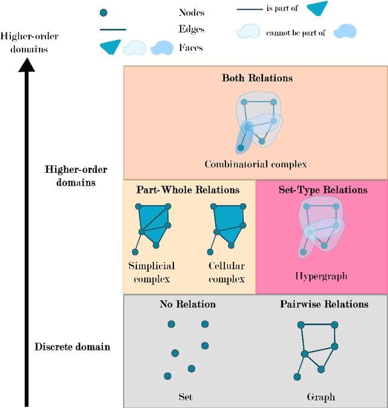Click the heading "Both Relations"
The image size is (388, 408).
click(257, 78)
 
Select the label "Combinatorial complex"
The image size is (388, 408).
click(256, 164)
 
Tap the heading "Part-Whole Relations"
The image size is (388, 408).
click(188, 190)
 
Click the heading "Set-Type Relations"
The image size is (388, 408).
click(323, 190)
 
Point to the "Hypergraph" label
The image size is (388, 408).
click(321, 276)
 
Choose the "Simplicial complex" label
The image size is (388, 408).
click(152, 272)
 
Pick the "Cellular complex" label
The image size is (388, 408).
click(226, 272)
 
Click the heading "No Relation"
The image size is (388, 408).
click(187, 304)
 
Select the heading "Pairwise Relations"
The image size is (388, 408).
click(324, 304)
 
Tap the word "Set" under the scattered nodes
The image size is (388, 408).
click(186, 397)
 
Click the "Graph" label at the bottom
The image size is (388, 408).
click(321, 397)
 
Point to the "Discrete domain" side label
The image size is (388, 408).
click(72, 347)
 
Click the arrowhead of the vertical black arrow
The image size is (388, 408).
click(26, 61)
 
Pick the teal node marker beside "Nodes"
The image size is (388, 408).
click(104, 12)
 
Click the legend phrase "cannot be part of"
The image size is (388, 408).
click(295, 33)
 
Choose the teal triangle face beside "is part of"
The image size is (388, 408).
click(317, 8)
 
